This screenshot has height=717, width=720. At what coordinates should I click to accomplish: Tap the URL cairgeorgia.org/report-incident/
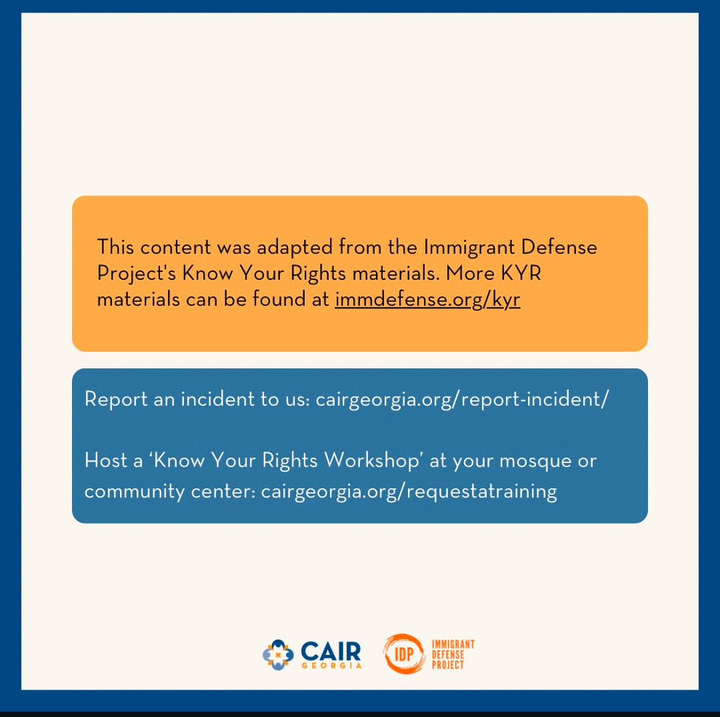tap(462, 399)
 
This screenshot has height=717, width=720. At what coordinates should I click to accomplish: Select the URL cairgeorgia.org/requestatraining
tap(409, 491)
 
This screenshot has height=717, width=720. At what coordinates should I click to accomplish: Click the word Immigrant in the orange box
tap(469, 248)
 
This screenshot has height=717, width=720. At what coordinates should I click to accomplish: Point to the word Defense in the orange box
tap(559, 247)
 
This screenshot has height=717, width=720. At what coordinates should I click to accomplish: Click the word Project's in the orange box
tap(137, 274)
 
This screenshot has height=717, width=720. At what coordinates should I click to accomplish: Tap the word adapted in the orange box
tap(294, 248)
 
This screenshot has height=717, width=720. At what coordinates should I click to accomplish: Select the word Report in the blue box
tap(116, 399)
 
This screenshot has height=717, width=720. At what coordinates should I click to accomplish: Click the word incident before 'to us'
tap(217, 398)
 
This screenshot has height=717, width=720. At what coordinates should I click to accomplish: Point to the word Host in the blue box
tap(106, 460)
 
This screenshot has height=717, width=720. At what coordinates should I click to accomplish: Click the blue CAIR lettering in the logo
tap(330, 651)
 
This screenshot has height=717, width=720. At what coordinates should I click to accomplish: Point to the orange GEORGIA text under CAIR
tap(332, 665)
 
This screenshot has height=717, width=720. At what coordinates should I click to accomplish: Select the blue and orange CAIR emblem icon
tap(278, 655)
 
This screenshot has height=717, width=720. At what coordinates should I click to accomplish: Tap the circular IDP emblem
tap(404, 654)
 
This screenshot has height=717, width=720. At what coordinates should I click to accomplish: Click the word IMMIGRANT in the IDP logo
tap(453, 644)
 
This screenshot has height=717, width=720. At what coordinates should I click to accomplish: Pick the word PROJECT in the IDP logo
tap(448, 665)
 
